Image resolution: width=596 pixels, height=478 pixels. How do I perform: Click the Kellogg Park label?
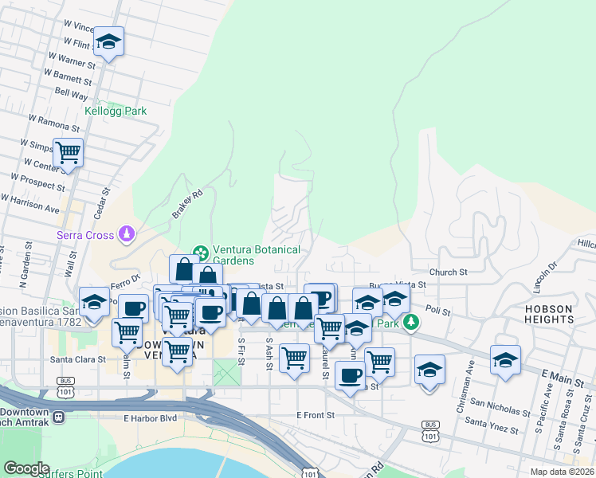116,112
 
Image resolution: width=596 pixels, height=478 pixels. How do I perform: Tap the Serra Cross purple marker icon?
125,234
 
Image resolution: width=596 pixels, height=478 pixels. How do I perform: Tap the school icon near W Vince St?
108,42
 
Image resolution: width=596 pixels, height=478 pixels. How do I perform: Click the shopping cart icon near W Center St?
68,151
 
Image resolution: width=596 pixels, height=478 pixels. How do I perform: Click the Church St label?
447,272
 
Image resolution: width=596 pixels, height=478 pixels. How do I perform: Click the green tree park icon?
410,322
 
